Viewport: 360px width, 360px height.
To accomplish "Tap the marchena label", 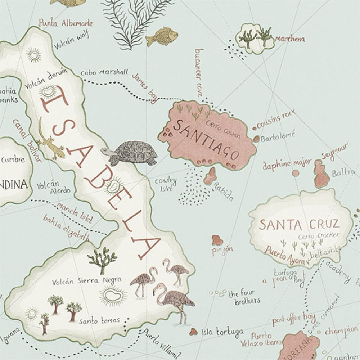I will pos(290,39).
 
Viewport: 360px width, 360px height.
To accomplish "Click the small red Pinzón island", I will pos(217,239).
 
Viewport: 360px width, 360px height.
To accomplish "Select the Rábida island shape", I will pos(210,176).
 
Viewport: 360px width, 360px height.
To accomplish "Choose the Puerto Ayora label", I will pos(285,256).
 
